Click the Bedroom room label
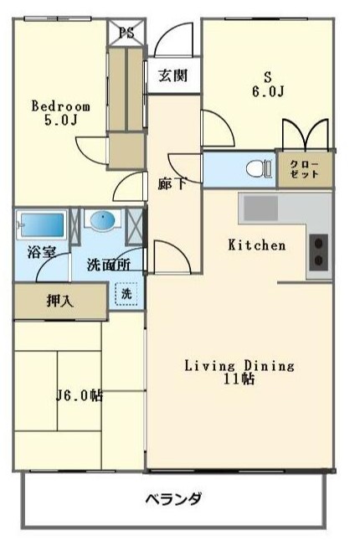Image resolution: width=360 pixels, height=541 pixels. pos(60,106)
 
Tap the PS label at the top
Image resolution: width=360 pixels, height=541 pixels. pos(126,33)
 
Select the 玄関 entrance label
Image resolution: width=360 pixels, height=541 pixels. pos(173,75)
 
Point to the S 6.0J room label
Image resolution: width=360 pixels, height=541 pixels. pos(269,84)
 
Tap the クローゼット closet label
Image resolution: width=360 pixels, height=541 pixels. pos(305,168)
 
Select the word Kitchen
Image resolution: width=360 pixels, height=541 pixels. pos(257,245)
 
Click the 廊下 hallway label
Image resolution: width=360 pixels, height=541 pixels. pos(172,183)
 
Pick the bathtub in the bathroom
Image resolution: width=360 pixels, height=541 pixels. pos(42,224)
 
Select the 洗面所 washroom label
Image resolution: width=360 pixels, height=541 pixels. pos(108,265)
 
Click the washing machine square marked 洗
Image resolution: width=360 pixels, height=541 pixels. pos(126,295)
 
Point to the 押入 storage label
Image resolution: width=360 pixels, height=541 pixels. pos(59,301)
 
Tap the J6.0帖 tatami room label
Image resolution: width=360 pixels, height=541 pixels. pos(79,395)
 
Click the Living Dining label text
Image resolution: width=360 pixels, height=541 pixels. pos(239,365)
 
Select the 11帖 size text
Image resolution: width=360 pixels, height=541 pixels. pos(239,379)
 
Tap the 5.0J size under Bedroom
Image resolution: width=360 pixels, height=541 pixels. pos(61,121)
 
